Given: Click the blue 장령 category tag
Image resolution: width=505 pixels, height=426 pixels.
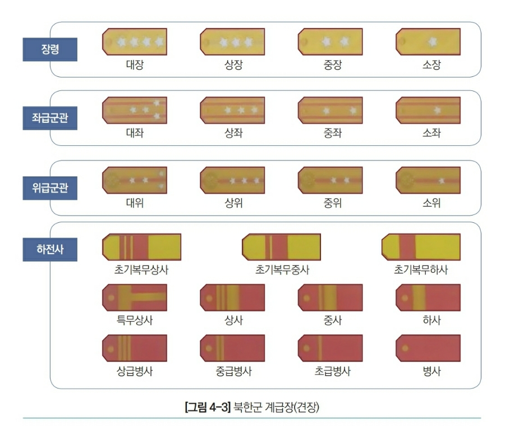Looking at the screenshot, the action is [50, 49].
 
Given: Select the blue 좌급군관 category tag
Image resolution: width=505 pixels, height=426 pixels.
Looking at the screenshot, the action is [50, 118].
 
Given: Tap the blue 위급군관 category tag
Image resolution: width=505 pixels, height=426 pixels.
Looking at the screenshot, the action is [50, 187].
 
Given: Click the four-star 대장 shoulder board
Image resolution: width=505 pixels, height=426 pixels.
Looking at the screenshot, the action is [135, 42].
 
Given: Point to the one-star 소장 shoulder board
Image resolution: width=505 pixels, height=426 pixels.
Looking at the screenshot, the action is [428, 42].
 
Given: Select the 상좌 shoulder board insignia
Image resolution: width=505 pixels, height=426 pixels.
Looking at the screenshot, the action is [232, 110].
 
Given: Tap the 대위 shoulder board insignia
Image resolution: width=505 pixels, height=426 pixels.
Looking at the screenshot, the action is [135, 180].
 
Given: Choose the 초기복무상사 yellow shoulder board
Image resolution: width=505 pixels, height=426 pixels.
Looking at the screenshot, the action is [141, 248].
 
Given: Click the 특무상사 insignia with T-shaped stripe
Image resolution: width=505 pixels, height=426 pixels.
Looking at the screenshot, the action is [135, 297].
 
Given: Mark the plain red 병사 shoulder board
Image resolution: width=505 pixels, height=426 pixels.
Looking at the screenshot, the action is [428, 348].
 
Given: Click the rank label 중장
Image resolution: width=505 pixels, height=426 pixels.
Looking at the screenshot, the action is [331, 65].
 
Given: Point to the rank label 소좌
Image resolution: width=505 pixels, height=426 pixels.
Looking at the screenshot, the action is [431, 134].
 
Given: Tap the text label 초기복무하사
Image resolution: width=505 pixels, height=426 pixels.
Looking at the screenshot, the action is [421, 270].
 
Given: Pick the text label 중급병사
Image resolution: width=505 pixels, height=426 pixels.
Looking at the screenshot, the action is [233, 371].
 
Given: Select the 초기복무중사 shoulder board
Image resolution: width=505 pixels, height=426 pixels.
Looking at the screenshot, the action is [281, 248].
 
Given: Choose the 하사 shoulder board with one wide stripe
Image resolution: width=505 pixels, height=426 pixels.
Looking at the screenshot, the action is [428, 297].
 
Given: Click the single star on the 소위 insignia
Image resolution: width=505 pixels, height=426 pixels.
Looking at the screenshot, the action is [442, 180].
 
